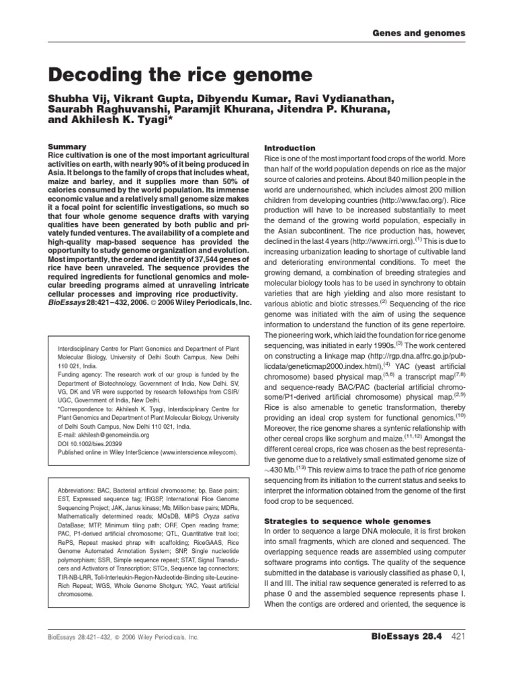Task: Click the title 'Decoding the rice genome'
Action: coord(179,74)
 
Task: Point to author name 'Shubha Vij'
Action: coord(79,99)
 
